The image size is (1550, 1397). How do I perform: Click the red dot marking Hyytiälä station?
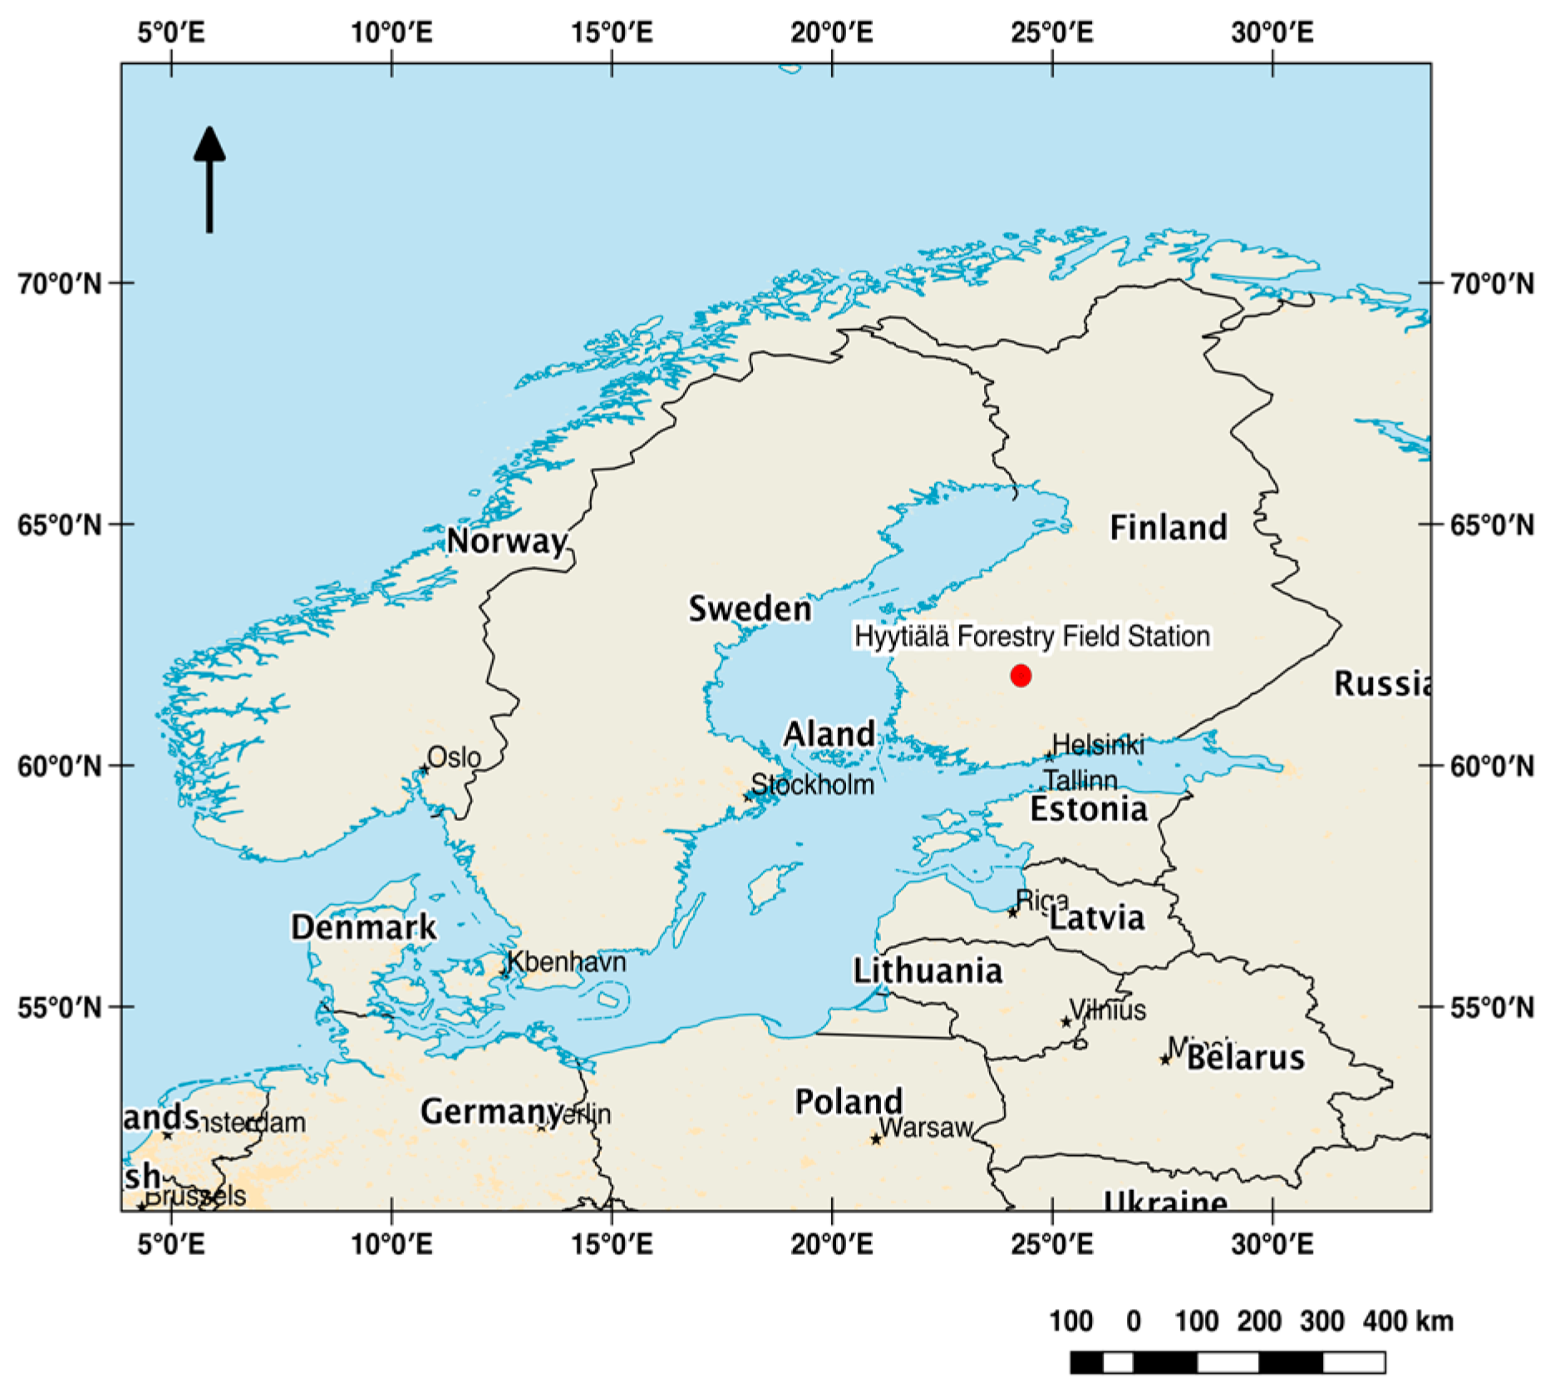tap(1021, 676)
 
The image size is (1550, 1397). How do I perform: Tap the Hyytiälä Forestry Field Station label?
tap(1032, 637)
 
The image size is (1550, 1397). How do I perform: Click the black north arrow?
tap(209, 179)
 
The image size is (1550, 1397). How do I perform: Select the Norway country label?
tap(507, 542)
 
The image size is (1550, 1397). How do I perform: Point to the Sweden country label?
tap(750, 609)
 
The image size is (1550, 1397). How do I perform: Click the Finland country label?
tap(1169, 528)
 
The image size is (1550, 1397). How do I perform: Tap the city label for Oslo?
tap(454, 757)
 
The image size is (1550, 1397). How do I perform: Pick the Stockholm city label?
tap(813, 785)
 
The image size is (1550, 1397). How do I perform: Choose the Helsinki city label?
tap(1098, 745)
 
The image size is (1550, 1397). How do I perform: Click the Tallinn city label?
tap(1080, 780)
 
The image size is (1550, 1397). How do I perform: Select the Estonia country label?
tap(1089, 809)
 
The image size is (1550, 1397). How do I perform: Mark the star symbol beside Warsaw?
tap(876, 1139)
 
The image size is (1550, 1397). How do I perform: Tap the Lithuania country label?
tap(928, 971)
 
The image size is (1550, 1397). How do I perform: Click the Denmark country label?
tap(363, 927)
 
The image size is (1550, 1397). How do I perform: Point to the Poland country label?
tap(849, 1102)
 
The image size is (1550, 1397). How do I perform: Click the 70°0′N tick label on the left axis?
tap(60, 284)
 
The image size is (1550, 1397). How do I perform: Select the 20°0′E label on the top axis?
tap(832, 33)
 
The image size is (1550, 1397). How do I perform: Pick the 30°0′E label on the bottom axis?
tap(1272, 1245)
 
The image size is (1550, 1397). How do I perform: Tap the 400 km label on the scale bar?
tap(1408, 1321)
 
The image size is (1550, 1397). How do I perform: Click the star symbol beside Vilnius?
tap(1066, 1022)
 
